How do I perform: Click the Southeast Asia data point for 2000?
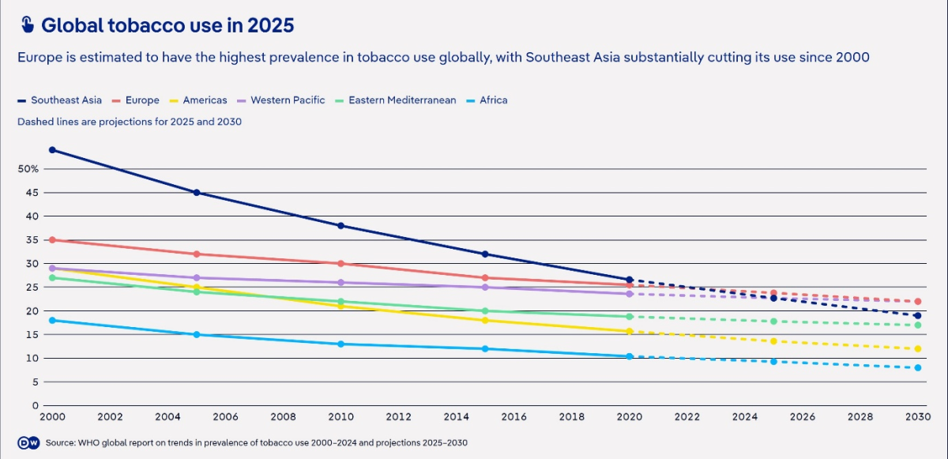52,150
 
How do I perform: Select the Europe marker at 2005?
197,254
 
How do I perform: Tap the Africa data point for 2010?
340,344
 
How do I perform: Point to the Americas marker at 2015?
485,321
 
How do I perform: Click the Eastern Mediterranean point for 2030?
918,325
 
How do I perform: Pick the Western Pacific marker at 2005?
197,278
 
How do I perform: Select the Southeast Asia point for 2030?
918,316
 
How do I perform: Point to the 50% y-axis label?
28,169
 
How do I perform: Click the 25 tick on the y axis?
32,288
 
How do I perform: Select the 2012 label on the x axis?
398,417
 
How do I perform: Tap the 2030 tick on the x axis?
918,417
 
